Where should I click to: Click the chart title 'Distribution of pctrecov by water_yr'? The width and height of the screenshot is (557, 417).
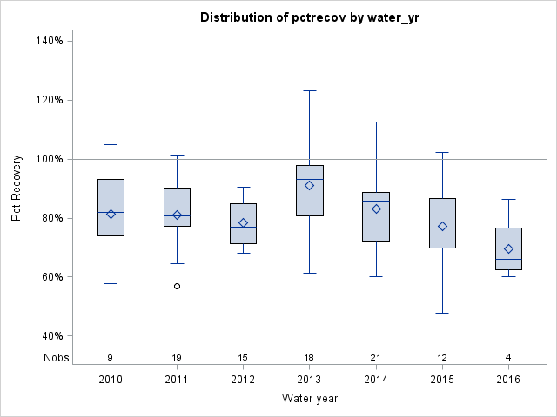tap(309, 17)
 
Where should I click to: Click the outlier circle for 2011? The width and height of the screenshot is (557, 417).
tap(177, 286)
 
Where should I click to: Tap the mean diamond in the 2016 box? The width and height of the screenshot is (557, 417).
tap(508, 248)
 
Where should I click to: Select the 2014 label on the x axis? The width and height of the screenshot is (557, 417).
tap(376, 380)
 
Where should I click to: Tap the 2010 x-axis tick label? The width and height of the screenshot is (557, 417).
tap(111, 380)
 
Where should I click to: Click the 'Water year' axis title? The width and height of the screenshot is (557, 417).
tap(309, 398)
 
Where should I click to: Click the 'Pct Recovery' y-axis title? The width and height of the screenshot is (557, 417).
tap(17, 189)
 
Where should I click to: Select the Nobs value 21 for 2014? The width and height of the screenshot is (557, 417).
tap(376, 357)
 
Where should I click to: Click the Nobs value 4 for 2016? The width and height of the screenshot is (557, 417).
tap(508, 357)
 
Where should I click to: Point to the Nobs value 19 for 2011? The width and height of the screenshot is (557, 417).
tap(177, 357)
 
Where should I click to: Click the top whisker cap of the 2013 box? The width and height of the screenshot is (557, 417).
tap(310, 90)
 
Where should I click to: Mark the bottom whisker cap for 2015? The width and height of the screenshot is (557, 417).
tap(442, 313)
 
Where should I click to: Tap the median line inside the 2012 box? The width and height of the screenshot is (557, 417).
tap(243, 227)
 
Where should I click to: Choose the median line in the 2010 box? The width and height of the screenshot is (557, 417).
tap(111, 212)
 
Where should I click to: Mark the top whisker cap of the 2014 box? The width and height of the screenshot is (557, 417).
tap(376, 122)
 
